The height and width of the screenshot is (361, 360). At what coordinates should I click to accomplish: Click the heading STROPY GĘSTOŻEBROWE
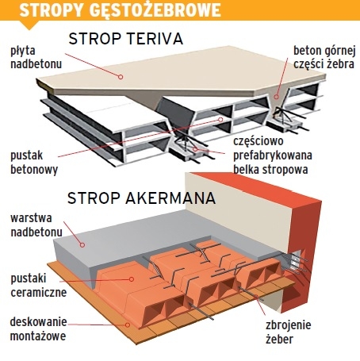[x=120, y=10]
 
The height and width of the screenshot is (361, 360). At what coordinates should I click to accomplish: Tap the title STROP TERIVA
[x=126, y=39]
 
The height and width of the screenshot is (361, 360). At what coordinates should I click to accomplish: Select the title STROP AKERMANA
[x=141, y=198]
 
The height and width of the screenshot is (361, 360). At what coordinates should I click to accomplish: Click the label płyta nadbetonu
[x=36, y=57]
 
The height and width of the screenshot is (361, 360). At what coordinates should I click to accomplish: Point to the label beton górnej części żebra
[x=324, y=57]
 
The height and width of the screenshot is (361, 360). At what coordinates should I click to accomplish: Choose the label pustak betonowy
[x=34, y=163]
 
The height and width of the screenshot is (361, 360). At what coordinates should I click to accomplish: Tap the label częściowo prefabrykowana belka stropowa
[x=273, y=156]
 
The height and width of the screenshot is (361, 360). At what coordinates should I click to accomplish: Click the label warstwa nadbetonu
[x=36, y=225]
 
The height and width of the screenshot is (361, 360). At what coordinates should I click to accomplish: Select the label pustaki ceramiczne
[x=39, y=286]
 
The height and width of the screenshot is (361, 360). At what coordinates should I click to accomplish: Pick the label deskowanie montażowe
[x=38, y=329]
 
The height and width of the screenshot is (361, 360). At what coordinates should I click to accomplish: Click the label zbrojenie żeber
[x=289, y=332]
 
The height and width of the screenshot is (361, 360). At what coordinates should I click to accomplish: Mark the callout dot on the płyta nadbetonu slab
[x=121, y=77]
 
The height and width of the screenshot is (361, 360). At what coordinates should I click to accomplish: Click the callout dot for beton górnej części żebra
[x=276, y=97]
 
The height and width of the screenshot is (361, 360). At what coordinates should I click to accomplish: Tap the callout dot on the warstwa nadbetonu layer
[x=82, y=245]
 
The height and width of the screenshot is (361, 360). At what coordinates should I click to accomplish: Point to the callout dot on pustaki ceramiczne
[x=132, y=279]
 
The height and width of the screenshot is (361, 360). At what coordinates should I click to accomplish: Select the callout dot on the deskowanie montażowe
[x=128, y=325]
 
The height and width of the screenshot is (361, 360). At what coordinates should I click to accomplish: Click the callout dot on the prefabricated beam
[x=195, y=149]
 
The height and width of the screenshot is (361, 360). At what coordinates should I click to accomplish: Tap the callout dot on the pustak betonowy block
[x=220, y=120]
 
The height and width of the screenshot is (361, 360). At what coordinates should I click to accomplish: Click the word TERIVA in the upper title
[x=155, y=39]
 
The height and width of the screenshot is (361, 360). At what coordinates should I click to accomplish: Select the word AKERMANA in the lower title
[x=170, y=198]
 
